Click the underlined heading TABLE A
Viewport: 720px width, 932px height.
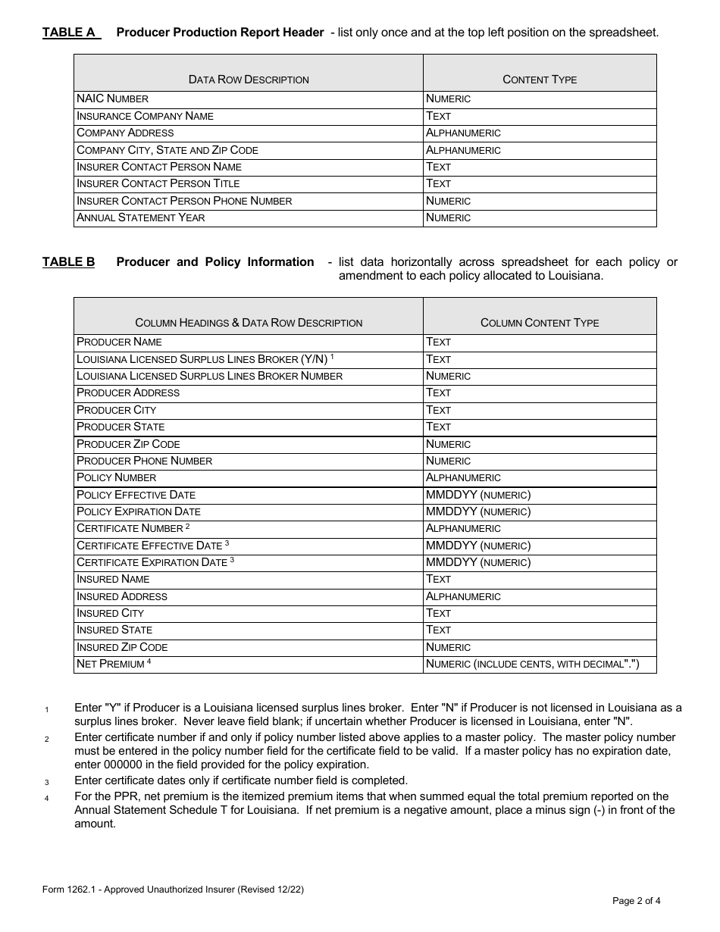point(70,33)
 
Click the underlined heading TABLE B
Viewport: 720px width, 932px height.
point(69,262)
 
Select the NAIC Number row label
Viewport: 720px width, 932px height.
point(113,99)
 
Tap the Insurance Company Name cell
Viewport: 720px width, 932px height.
point(146,116)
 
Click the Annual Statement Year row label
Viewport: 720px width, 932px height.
point(141,218)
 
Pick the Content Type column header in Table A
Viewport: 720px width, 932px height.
point(540,80)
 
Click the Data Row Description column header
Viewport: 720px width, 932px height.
point(249,80)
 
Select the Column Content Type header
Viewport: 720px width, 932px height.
point(540,323)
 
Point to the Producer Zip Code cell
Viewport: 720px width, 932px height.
point(128,444)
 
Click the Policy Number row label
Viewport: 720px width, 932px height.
point(117,478)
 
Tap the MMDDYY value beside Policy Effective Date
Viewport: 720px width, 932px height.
point(478,495)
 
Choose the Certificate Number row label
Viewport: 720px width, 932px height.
point(130,529)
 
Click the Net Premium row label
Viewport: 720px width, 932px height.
point(111,665)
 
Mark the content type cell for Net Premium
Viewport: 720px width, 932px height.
point(532,665)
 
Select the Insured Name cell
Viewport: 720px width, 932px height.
point(114,580)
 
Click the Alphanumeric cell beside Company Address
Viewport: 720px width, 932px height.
point(463,133)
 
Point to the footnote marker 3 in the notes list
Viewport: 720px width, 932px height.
point(46,782)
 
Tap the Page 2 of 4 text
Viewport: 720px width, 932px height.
point(637,901)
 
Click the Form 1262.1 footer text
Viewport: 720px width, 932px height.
point(174,890)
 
